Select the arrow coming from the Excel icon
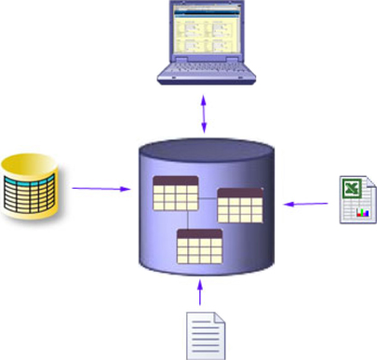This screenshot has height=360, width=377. (x=307, y=200)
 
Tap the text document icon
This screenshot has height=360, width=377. (x=206, y=333)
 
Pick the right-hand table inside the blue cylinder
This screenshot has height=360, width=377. (x=241, y=206)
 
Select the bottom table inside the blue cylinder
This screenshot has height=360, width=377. (x=198, y=247)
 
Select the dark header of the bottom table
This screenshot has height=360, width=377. (x=198, y=233)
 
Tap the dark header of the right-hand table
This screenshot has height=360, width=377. (x=241, y=193)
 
